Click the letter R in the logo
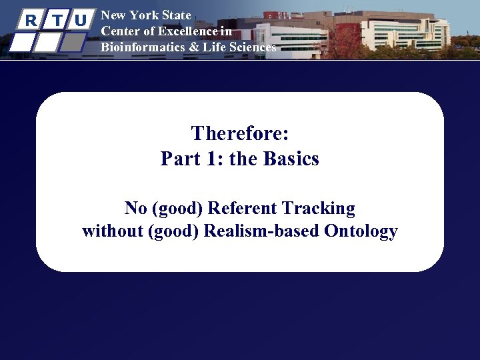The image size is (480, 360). [x=31, y=20]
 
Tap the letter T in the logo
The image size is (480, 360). [x=56, y=20]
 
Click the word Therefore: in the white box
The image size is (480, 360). [x=240, y=133]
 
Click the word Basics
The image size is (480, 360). [x=291, y=159]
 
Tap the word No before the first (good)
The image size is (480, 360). [x=136, y=208]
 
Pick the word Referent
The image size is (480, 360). [x=243, y=208]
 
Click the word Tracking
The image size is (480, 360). [x=319, y=208]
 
